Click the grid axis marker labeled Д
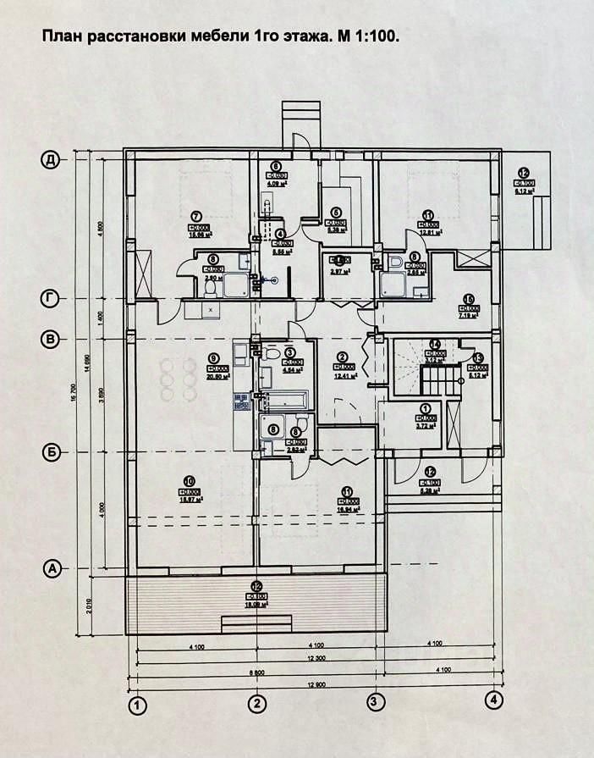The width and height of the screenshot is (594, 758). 52,159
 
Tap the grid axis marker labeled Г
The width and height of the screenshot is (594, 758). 52,298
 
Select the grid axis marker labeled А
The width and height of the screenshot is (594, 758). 52,569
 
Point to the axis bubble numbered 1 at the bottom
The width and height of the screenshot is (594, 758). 135,703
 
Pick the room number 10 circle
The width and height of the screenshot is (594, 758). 189,479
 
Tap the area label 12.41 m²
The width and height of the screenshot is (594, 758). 344,376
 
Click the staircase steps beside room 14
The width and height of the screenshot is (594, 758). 438,379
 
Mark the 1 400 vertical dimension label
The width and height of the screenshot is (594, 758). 99,318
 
